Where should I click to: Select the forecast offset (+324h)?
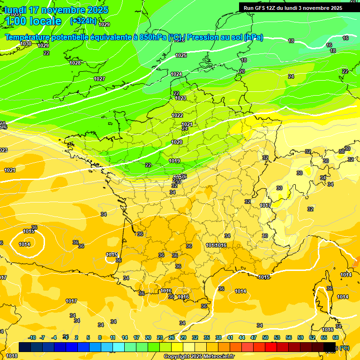coord(83,21)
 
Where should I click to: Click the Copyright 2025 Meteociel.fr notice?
coord(199,356)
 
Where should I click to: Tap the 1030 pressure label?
coord(26,44)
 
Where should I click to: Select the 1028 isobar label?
coord(75,63)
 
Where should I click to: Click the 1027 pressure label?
coord(99,79)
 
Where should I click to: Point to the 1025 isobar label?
coord(181,55)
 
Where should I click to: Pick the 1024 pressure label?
coord(176,74)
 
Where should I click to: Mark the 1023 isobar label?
coord(180,98)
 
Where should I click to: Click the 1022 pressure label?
coord(177,115)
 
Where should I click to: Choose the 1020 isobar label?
coord(177,142)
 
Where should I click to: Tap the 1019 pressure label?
coord(174,161)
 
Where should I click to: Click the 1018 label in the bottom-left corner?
coord(12,356)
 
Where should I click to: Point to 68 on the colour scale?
coord(336,337)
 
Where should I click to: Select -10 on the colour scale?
coord(32,337)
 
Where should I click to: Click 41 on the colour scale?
coord(230,337)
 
